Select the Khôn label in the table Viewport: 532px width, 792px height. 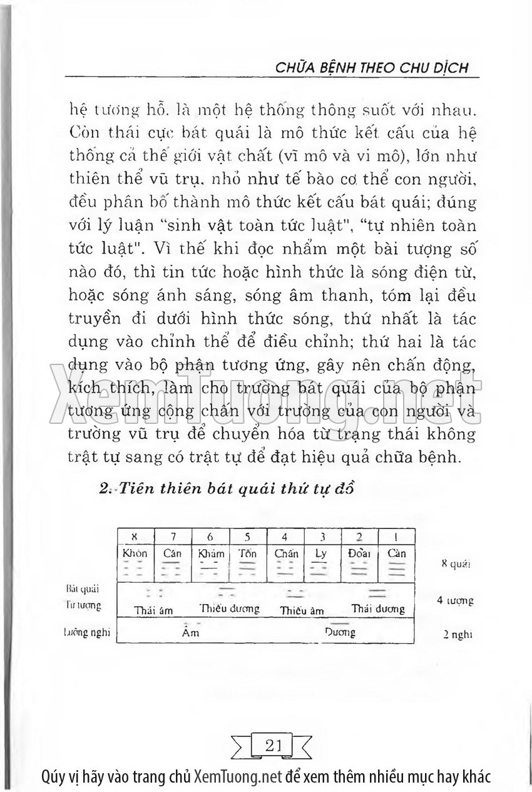click(x=135, y=554)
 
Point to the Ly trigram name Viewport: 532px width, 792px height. click(x=322, y=554)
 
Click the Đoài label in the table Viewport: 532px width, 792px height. click(x=359, y=554)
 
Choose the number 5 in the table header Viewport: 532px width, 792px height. click(x=247, y=537)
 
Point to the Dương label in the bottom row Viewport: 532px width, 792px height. click(x=340, y=632)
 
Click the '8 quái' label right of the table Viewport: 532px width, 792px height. click(x=455, y=563)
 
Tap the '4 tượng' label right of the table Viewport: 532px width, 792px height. click(x=455, y=600)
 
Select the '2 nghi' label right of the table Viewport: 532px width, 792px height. click(x=456, y=634)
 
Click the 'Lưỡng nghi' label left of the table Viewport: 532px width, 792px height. click(x=87, y=632)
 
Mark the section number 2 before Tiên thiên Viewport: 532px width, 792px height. click(x=105, y=490)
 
